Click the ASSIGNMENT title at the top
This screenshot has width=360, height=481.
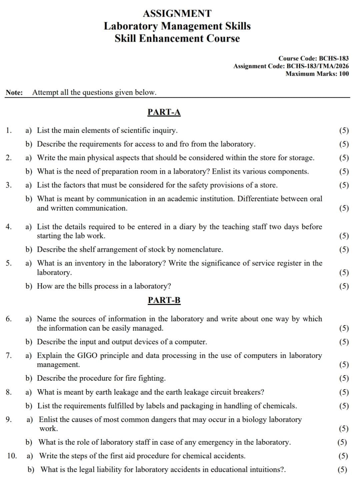(177, 14)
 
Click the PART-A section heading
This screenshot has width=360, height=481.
(164, 112)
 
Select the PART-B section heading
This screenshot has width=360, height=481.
(164, 300)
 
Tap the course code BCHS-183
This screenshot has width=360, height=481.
(334, 58)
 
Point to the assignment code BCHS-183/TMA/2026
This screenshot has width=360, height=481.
(318, 66)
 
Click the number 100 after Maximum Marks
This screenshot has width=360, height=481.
(344, 74)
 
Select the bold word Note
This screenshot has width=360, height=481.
(14, 92)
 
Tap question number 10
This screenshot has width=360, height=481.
(12, 456)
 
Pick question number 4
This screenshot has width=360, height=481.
(9, 227)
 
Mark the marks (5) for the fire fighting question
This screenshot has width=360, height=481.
(344, 378)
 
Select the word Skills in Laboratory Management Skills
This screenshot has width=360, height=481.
(238, 26)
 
